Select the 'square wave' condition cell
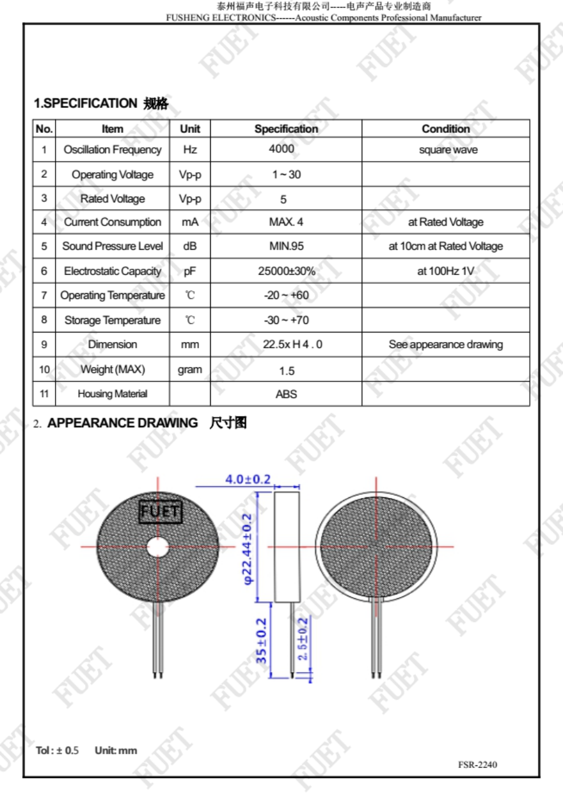448,150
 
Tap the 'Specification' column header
286,129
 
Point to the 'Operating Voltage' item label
113,175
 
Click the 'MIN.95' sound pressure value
287,246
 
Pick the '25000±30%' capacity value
287,271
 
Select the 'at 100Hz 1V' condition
446,271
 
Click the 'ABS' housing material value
287,394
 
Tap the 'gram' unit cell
190,370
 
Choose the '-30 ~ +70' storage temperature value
287,320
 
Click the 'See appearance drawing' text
445,345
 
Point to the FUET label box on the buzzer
160,512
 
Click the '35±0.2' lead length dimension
261,641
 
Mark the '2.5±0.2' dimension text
303,639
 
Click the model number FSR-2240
477,765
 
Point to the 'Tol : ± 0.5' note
58,750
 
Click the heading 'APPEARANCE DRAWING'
123,423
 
